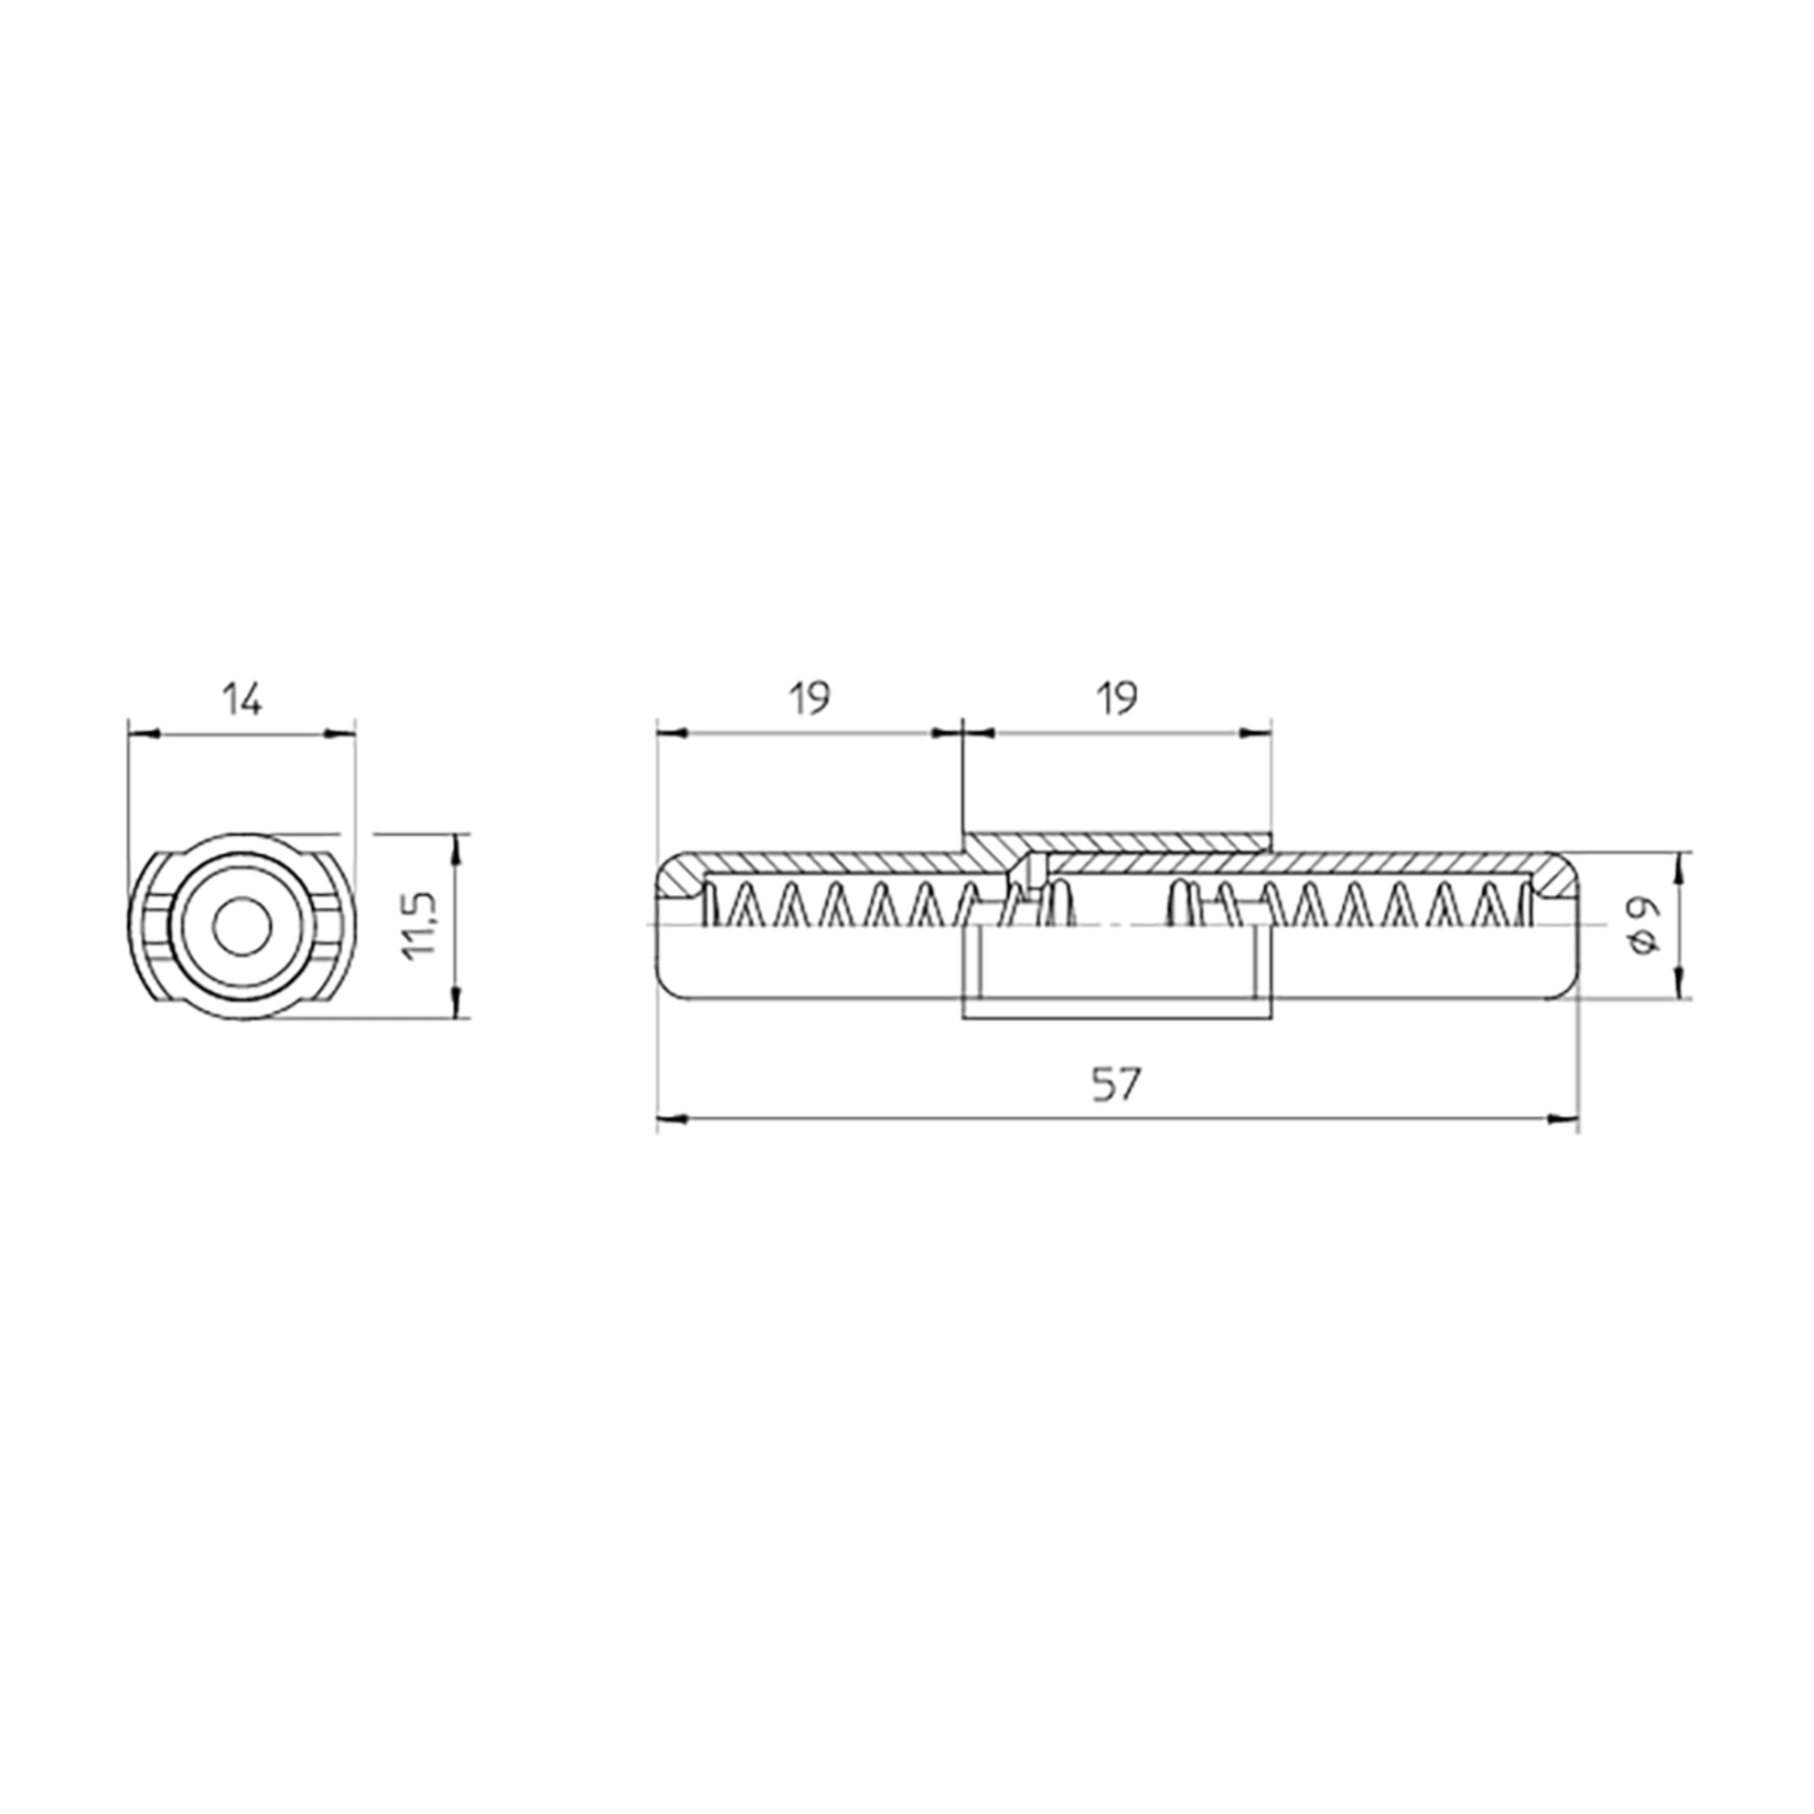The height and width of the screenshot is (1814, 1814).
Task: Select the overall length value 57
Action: coord(1116,1085)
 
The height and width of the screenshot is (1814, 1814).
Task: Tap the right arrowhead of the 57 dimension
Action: coord(1562,1117)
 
